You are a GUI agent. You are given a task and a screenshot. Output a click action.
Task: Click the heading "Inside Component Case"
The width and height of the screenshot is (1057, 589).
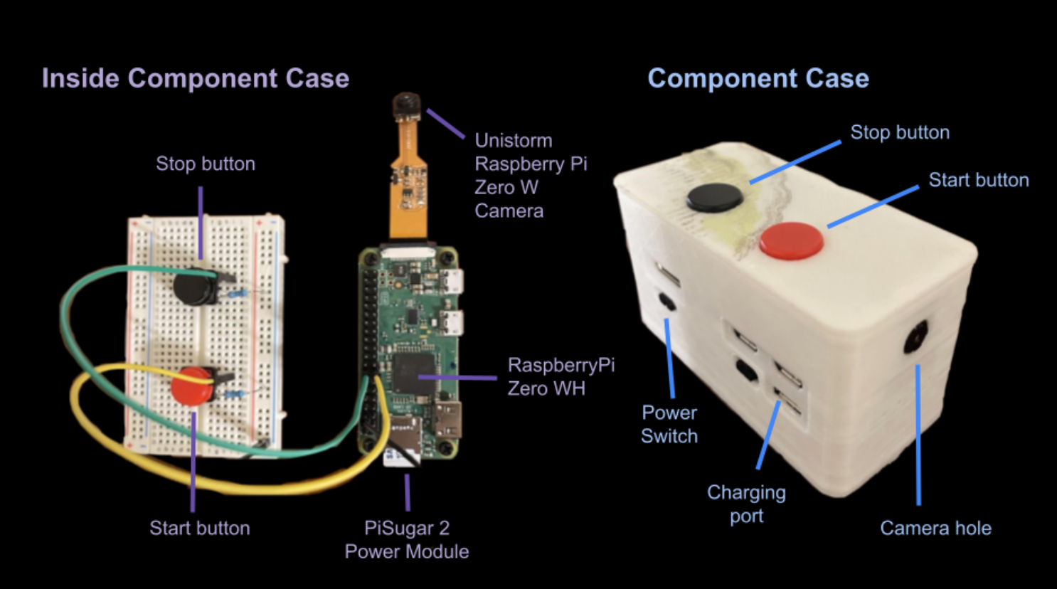[195, 78]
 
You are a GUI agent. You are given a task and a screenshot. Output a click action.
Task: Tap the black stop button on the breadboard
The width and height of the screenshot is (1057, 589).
[193, 286]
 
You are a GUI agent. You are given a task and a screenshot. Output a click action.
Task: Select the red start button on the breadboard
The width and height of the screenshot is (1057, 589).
[191, 386]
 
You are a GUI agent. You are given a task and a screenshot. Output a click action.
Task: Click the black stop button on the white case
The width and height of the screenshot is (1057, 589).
[715, 196]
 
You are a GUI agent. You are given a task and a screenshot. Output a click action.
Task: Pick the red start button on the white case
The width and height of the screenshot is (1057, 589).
[791, 240]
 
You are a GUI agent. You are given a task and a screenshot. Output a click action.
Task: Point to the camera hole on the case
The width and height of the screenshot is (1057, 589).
[916, 336]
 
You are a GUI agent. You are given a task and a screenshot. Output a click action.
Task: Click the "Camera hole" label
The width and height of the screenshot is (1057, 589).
[935, 528]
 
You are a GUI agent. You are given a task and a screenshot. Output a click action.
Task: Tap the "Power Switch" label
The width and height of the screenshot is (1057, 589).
[669, 424]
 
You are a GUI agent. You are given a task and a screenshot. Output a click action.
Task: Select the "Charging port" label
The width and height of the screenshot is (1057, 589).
[746, 504]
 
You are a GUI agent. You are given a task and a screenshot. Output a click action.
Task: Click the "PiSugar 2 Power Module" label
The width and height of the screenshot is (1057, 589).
[407, 539]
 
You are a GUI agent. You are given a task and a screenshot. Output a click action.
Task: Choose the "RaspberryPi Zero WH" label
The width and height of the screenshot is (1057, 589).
[561, 376]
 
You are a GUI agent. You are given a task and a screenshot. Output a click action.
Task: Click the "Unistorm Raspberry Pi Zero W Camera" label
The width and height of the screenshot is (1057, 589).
[530, 175]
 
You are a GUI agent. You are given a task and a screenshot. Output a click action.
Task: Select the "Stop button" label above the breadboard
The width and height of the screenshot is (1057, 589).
[206, 164]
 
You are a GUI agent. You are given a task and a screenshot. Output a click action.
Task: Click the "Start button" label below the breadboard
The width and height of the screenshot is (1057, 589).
[200, 528]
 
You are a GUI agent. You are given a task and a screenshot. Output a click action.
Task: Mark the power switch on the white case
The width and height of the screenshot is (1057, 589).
[667, 302]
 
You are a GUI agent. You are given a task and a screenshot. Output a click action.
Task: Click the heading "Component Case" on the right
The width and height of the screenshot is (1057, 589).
[758, 78]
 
